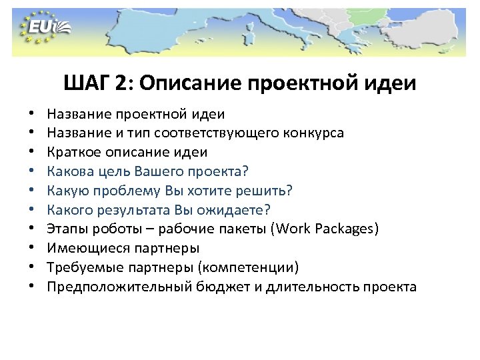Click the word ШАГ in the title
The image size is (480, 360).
[x=87, y=84]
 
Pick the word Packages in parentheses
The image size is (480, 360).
[x=347, y=229]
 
